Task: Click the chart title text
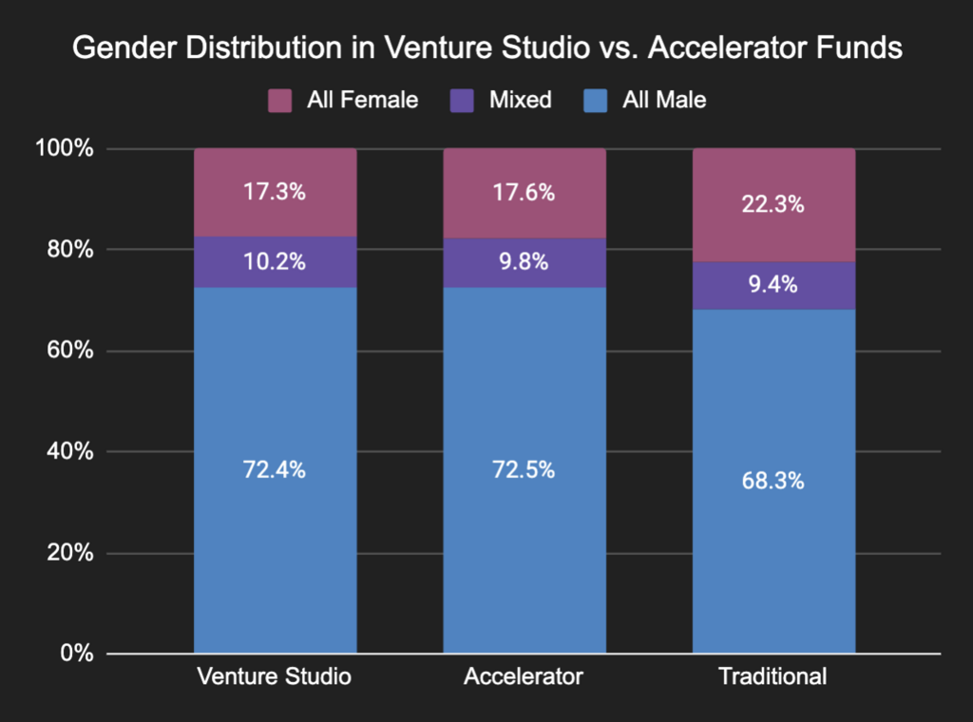[486, 49]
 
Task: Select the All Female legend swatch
[279, 100]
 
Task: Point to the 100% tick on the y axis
[66, 149]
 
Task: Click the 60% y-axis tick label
[69, 351]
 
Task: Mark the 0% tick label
[75, 655]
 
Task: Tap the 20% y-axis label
[69, 554]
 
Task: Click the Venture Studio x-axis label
[275, 677]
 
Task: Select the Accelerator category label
[524, 677]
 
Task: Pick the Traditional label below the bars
[773, 677]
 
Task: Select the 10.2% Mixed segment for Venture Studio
[276, 262]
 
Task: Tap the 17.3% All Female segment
[276, 193]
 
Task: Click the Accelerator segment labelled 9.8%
[525, 262]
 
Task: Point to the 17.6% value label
[525, 193]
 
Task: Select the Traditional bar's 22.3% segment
[773, 204]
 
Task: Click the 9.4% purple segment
[773, 285]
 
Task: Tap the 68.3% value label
[773, 481]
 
